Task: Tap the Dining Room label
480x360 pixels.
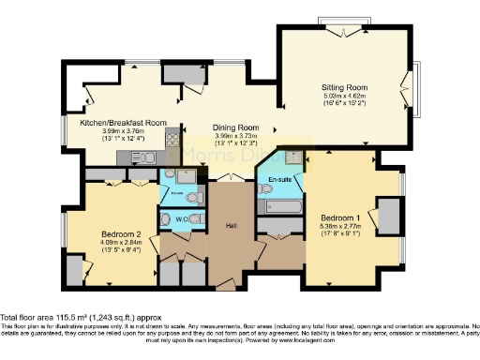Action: tap(234, 127)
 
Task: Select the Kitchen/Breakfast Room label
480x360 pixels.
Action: tap(123, 123)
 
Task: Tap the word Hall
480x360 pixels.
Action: tap(232, 226)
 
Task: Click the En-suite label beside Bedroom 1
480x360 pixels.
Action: tap(278, 178)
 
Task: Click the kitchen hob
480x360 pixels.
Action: tap(172, 140)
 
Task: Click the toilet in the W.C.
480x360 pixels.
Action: tap(196, 219)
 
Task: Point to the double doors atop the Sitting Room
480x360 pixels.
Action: tap(342, 22)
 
